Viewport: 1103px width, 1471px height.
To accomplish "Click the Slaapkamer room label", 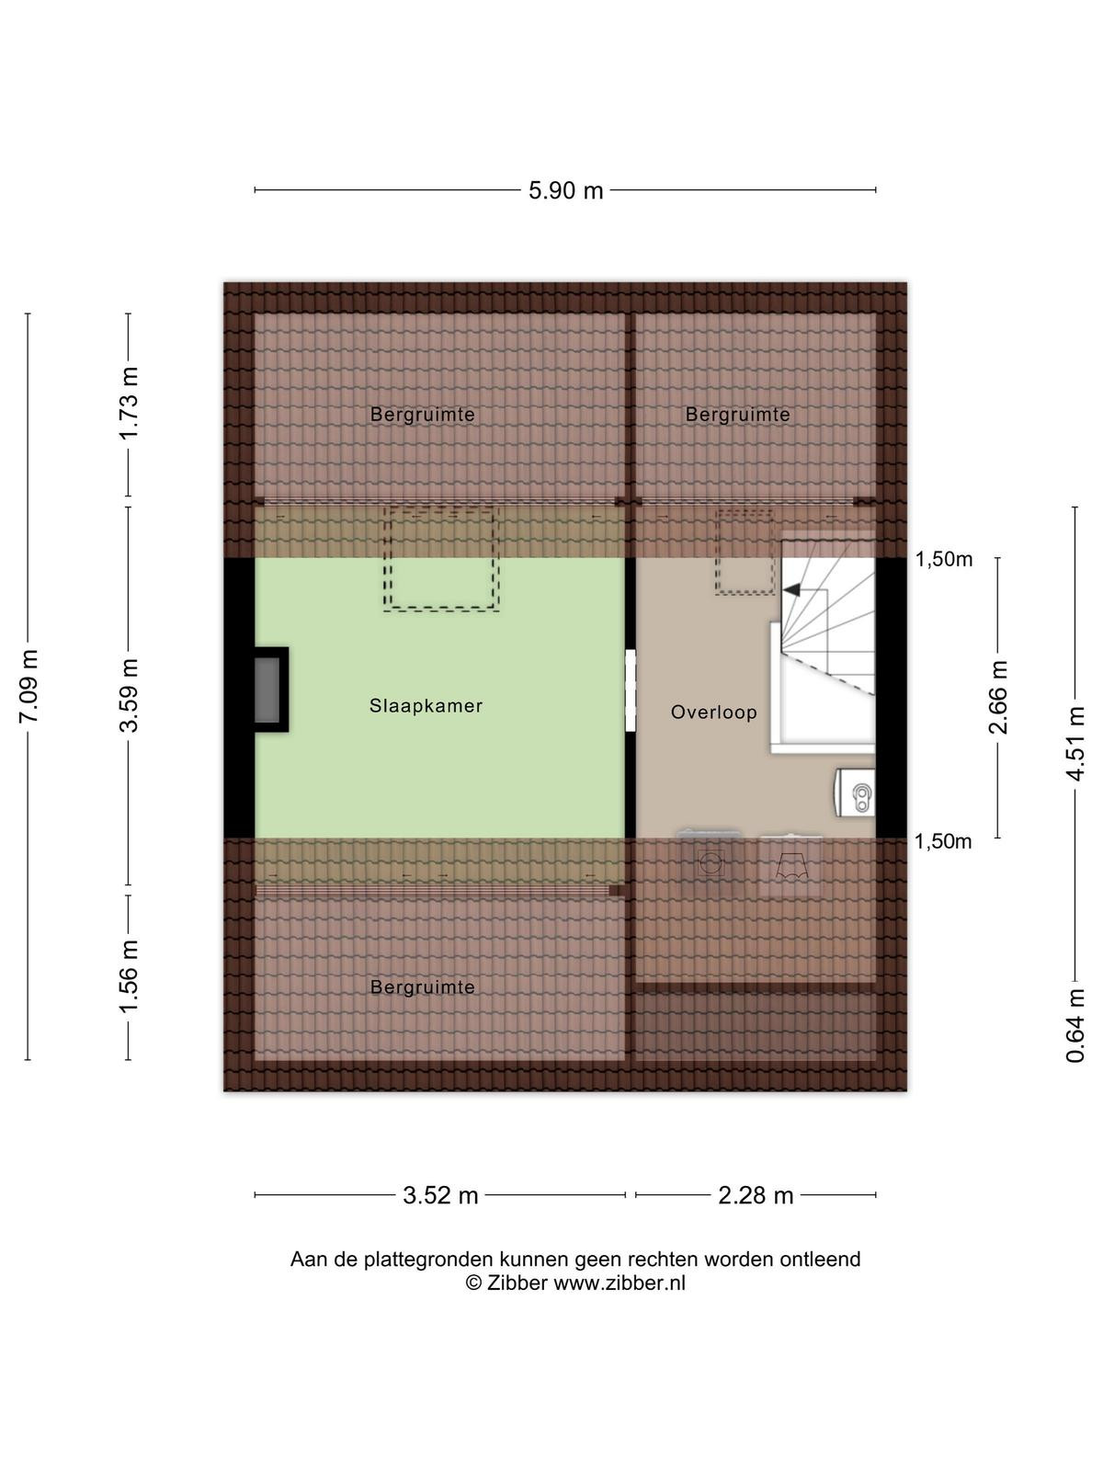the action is coord(426,706).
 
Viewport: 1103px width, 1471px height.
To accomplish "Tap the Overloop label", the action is coord(714,713).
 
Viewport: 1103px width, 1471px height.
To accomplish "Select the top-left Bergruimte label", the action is coord(423,415).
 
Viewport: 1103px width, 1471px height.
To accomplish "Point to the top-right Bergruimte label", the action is coord(738,415).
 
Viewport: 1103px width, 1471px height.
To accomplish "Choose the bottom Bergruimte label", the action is coord(423,987).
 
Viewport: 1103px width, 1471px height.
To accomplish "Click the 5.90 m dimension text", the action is coord(566,191).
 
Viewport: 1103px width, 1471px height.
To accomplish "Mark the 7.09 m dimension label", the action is coord(28,687).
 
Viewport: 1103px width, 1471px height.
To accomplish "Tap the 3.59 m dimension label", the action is coord(129,695).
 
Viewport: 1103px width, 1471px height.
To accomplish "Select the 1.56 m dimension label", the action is coord(129,976).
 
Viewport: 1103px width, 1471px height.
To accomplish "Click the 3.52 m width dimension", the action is coord(440,1195).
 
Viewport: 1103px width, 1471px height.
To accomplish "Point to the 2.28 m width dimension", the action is coord(756,1195).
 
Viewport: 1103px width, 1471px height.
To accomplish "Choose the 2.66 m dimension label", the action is coord(999,698).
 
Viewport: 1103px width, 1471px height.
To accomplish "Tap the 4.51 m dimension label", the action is coord(1075,744).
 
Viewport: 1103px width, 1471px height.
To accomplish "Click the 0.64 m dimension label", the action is coord(1075,1026).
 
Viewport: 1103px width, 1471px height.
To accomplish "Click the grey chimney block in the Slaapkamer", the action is coord(267,690).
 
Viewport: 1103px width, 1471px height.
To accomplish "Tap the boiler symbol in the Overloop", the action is coord(855,793).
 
